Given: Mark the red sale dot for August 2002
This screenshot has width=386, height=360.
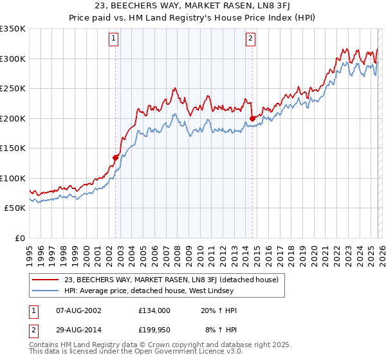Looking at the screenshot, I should (116, 157).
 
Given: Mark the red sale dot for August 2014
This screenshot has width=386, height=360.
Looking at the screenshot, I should (253, 118).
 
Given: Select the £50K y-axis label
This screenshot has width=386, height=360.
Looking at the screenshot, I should (15, 208).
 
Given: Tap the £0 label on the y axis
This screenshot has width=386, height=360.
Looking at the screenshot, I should (19, 238).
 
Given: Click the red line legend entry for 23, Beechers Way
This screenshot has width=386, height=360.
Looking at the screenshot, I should (170, 280).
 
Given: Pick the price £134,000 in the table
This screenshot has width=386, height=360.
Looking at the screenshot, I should (154, 310).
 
